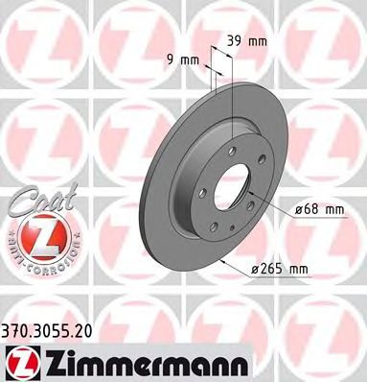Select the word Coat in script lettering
(30, 199)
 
